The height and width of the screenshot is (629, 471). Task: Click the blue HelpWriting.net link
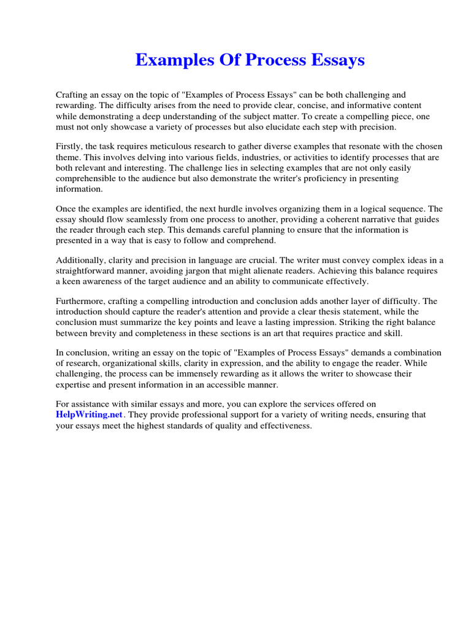click(90, 415)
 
